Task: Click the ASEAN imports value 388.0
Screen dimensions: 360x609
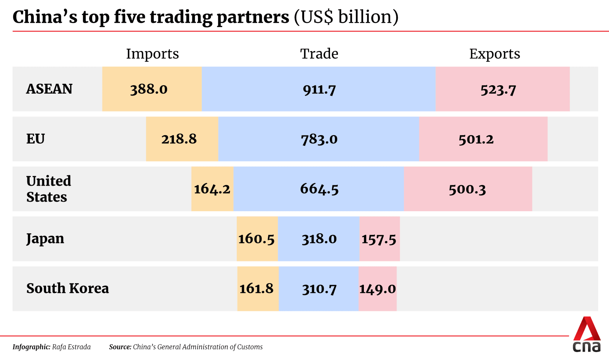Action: [x=149, y=89]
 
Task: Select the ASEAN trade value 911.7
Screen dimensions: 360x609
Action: [x=319, y=89]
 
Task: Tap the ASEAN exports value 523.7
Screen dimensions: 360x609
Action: [x=498, y=90]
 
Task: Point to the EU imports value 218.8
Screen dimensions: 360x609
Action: [x=179, y=139]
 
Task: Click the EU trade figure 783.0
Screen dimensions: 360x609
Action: [x=319, y=139]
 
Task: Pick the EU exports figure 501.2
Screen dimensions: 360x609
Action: [x=476, y=139]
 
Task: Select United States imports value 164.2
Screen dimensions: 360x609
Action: [x=212, y=189]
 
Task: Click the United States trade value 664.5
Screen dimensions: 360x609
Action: [x=319, y=189]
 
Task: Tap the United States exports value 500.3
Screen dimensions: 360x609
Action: [x=467, y=189]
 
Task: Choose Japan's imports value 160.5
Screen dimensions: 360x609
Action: [x=256, y=239]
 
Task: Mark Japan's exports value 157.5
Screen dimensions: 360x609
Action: [x=379, y=239]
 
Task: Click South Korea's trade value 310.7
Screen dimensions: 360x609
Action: [x=319, y=289]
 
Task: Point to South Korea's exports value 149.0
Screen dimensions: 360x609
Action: [x=378, y=289]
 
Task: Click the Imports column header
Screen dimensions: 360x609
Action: [x=152, y=54]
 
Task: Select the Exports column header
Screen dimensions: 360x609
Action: [x=494, y=54]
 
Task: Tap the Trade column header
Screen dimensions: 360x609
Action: [x=319, y=54]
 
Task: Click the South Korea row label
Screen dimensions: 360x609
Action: [x=67, y=288]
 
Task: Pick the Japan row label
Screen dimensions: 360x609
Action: [x=45, y=239]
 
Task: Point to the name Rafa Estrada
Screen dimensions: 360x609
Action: [x=72, y=347]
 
